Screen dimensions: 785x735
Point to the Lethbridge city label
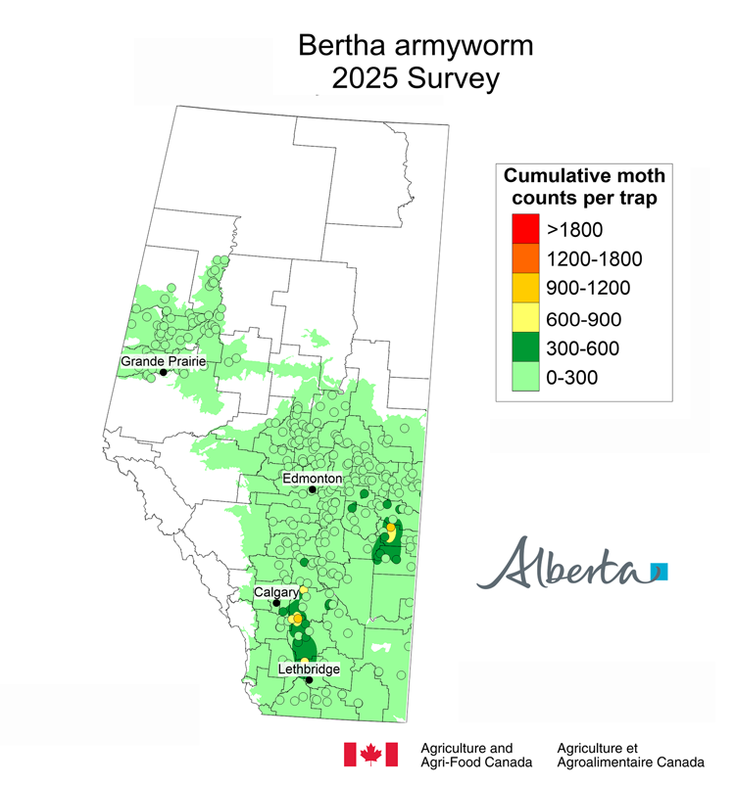point(308,669)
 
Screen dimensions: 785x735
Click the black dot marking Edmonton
point(313,489)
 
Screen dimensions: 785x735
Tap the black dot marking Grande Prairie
point(163,372)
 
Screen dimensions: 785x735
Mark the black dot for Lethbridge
point(309,679)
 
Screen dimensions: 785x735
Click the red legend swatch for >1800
point(524,230)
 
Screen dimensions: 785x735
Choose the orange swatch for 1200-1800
point(524,259)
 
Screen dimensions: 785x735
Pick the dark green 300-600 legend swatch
point(524,348)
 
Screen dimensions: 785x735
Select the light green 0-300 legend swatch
point(524,378)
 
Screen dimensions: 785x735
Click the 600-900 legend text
point(586,319)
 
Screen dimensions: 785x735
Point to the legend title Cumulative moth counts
point(584,187)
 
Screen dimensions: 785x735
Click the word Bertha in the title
point(343,45)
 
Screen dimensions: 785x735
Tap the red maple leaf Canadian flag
point(370,754)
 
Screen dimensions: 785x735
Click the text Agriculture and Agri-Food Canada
point(475,755)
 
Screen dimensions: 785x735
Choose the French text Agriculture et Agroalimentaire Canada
point(628,755)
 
